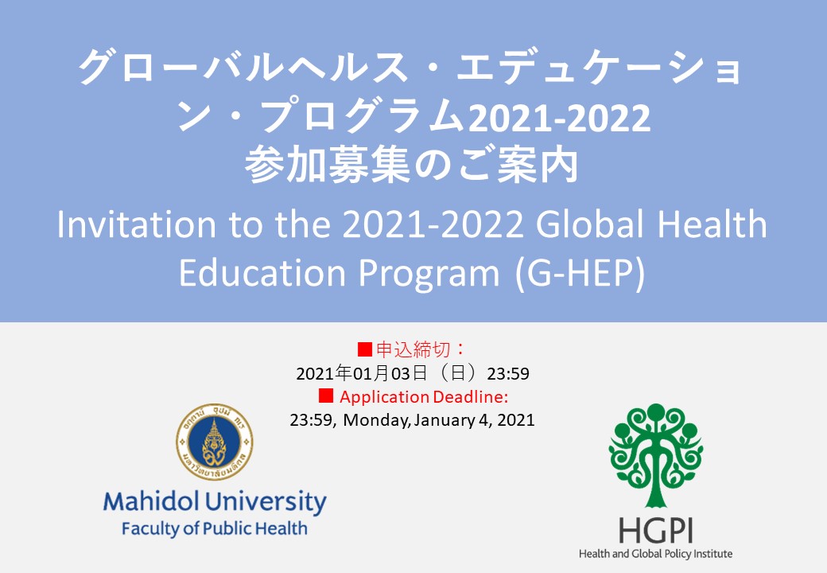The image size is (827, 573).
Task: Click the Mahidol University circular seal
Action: (x=214, y=442)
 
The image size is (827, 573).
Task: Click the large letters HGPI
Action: (x=655, y=530)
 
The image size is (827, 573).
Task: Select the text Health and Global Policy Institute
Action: (x=655, y=553)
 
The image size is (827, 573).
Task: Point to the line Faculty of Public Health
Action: (x=214, y=528)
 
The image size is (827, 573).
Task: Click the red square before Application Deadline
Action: (x=326, y=396)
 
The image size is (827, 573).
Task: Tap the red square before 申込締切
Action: (x=365, y=349)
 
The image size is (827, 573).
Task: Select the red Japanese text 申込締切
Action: (x=413, y=349)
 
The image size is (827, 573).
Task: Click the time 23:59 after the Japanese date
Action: (x=508, y=373)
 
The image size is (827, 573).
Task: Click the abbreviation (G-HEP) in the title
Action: (x=580, y=273)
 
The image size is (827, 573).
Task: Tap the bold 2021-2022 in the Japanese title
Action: (x=559, y=118)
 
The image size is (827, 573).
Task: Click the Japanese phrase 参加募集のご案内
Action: (x=412, y=166)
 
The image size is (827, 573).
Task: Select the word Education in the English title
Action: (x=262, y=273)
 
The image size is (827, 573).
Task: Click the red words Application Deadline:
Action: (x=424, y=397)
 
